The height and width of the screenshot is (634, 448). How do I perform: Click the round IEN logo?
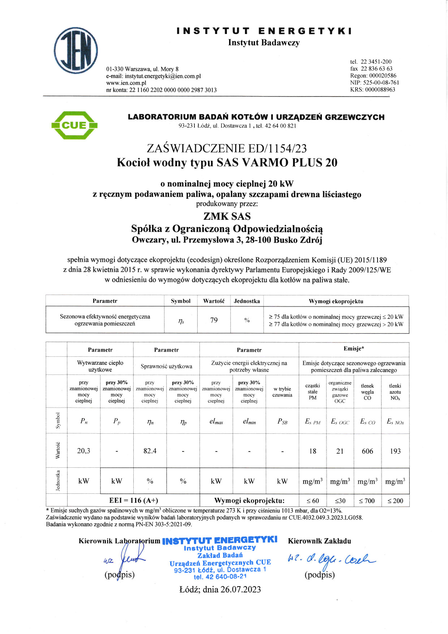click(76, 51)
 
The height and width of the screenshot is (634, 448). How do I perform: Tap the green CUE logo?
click(74, 125)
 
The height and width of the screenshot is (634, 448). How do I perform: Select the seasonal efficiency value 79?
click(214, 320)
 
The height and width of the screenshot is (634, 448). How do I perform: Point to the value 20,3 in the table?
click(83, 451)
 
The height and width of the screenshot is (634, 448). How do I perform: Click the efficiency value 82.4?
click(150, 451)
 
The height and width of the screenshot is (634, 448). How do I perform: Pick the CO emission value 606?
click(367, 451)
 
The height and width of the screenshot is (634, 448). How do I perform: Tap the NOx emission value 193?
click(395, 451)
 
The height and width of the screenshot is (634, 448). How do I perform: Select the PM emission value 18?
click(313, 451)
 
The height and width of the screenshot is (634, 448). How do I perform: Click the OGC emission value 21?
click(340, 451)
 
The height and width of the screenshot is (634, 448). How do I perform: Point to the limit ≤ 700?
click(367, 501)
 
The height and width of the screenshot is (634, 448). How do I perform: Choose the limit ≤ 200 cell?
click(395, 501)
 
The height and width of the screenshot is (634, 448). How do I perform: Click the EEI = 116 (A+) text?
click(134, 500)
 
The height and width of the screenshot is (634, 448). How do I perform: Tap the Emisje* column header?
click(354, 348)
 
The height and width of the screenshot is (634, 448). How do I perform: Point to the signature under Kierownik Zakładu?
click(331, 560)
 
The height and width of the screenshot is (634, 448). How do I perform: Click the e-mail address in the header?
click(163, 76)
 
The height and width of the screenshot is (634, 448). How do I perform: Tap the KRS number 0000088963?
click(380, 89)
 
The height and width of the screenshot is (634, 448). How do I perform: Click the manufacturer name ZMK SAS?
click(227, 216)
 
